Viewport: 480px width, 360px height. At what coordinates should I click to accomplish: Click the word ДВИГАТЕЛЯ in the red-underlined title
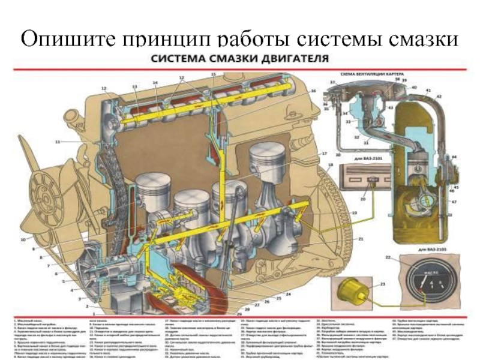[x=294, y=59]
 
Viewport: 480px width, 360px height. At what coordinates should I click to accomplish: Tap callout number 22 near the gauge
[x=388, y=257]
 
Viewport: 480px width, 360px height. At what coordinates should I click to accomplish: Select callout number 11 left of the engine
[x=58, y=142]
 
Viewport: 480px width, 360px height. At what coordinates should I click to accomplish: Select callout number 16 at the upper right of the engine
[x=313, y=91]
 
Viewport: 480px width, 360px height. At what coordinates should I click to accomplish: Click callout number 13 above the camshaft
[x=134, y=87]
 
